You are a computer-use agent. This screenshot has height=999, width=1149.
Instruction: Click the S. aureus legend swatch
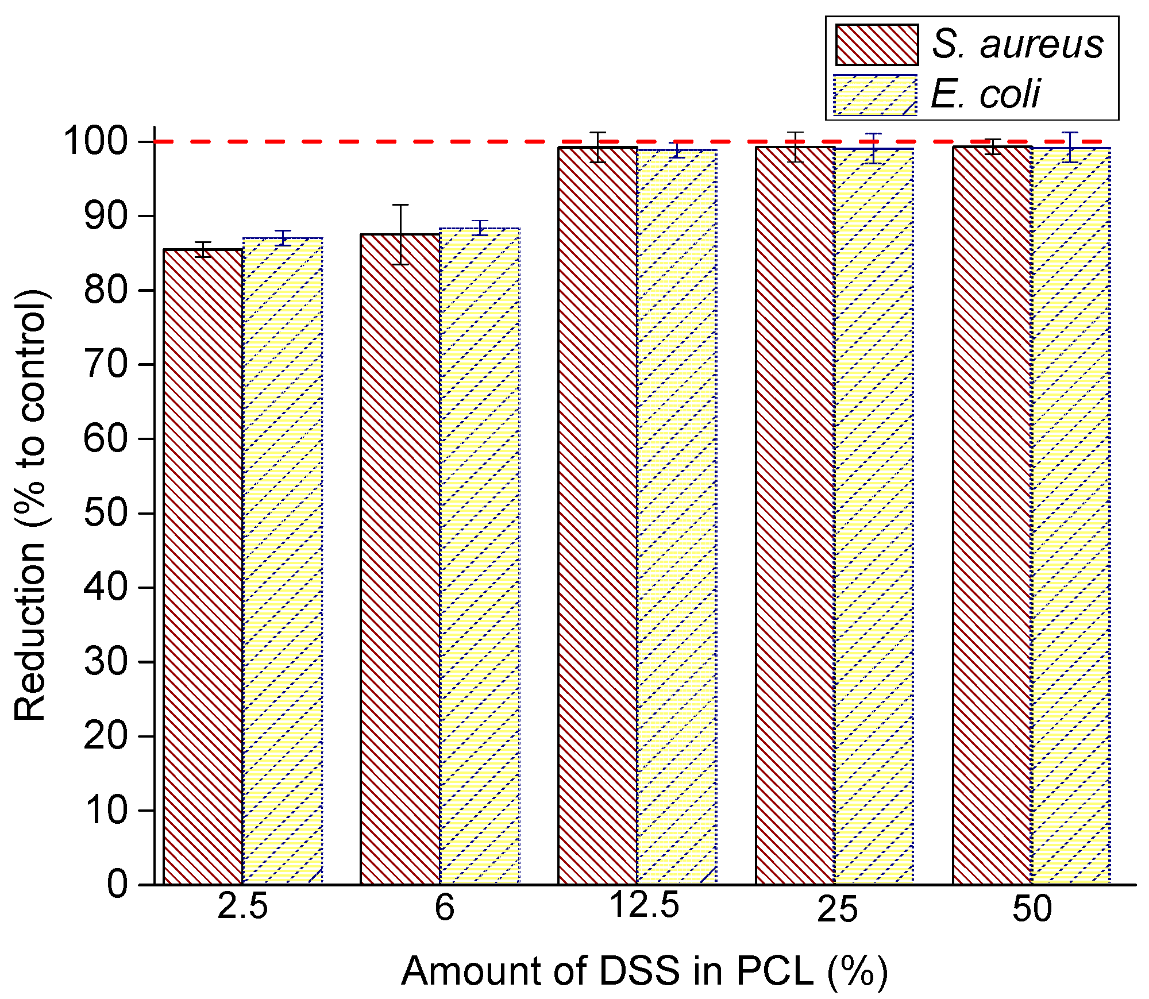coord(877,45)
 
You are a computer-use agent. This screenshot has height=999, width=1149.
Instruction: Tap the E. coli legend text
coord(985,94)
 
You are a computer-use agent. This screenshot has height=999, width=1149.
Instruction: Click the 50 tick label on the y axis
coord(105,513)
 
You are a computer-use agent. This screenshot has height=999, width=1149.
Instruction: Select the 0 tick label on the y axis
coord(117,884)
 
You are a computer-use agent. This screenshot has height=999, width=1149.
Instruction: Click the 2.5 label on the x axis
coord(242,908)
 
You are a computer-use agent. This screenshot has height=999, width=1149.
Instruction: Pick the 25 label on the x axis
coord(838,910)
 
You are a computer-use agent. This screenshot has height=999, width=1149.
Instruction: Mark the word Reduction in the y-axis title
coord(30,632)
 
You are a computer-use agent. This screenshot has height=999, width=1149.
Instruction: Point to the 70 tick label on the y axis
coord(105,364)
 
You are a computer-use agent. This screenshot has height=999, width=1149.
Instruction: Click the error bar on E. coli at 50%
coord(1070,147)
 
